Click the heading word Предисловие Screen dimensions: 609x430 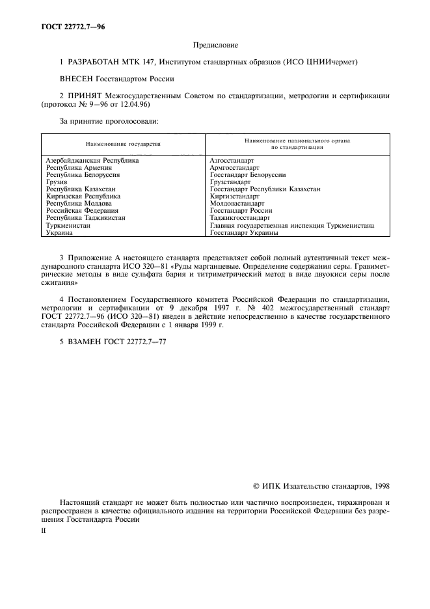(x=216, y=45)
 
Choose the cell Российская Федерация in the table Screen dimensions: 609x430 (x=82, y=211)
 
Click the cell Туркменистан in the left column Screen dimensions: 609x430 (x=68, y=225)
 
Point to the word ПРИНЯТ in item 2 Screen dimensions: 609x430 (x=82, y=96)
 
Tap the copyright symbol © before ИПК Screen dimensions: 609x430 (x=256, y=486)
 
